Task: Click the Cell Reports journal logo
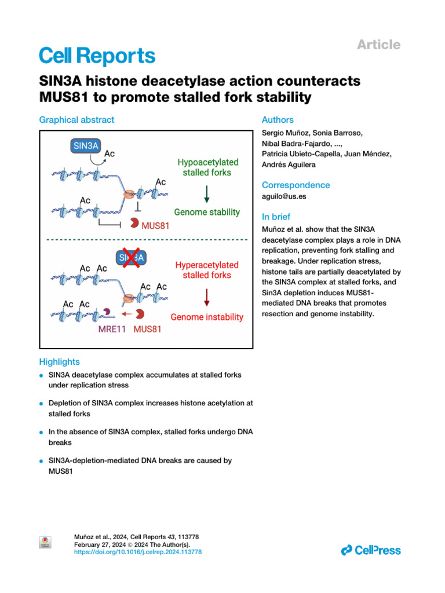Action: pyautogui.click(x=97, y=56)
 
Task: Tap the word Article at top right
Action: pyautogui.click(x=378, y=45)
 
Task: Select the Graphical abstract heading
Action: pyautogui.click(x=76, y=120)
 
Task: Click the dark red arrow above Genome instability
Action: pyautogui.click(x=207, y=296)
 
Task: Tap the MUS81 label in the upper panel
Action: pyautogui.click(x=155, y=226)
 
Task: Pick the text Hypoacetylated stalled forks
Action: pyautogui.click(x=207, y=167)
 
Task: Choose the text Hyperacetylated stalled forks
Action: pyautogui.click(x=207, y=270)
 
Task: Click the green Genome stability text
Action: pyautogui.click(x=207, y=212)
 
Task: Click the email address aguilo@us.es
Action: pyautogui.click(x=283, y=197)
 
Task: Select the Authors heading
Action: pyautogui.click(x=278, y=120)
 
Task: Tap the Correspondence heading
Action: pyautogui.click(x=296, y=185)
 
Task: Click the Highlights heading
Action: pyautogui.click(x=59, y=362)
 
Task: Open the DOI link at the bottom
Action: pyautogui.click(x=138, y=552)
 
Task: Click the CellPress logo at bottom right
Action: pyautogui.click(x=371, y=550)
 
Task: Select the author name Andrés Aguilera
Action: pyautogui.click(x=289, y=164)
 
